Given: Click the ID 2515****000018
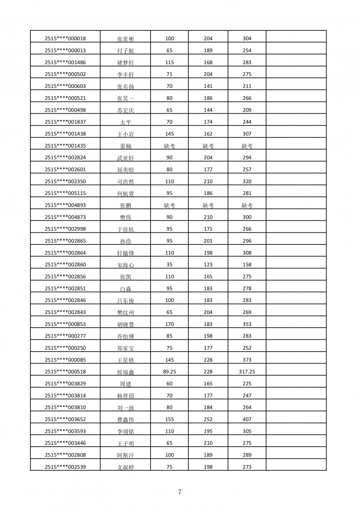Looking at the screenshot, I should coord(65,39).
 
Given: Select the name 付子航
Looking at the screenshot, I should coord(125,51).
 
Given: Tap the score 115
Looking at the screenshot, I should coord(170,63).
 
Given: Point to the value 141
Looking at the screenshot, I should coord(208,86).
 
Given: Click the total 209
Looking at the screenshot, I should coord(247,110).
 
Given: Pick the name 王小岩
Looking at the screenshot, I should coord(125,134).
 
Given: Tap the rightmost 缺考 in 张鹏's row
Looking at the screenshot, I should coord(247,205).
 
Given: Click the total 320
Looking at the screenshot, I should coord(247,181).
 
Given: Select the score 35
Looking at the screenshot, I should coord(170,265).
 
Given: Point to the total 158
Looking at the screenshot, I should coord(247,265).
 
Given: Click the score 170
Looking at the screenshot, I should coord(170,324).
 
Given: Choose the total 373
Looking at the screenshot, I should coord(247,360).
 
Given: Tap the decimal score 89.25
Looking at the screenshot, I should coord(170,372).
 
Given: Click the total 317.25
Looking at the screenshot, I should coord(247,372).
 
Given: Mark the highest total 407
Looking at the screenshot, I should coord(247,419).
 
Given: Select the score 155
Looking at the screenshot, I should coord(170,419).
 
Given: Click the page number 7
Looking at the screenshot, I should coord(180,492).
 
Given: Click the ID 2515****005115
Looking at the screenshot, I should coord(65,193).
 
